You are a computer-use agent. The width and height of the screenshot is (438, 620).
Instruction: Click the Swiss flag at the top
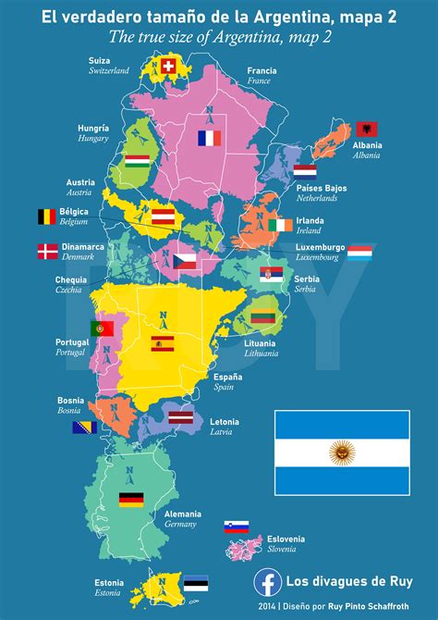click(x=168, y=66)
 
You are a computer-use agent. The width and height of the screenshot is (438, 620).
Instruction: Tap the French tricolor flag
click(x=210, y=139)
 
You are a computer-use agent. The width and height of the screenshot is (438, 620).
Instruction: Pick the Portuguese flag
click(x=102, y=328)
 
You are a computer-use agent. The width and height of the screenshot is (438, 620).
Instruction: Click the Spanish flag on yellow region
click(x=164, y=344)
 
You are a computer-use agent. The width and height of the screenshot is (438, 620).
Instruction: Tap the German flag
click(x=131, y=500)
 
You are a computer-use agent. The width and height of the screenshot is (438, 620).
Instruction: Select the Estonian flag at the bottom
click(x=195, y=584)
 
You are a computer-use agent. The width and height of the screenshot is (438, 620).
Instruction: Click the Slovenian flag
click(x=236, y=527)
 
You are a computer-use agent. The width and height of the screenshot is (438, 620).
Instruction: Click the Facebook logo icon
click(x=267, y=581)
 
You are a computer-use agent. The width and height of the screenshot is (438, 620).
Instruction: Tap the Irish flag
click(x=280, y=225)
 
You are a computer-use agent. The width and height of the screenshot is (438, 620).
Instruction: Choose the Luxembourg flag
click(x=360, y=253)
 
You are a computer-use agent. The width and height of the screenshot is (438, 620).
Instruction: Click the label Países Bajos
click(x=322, y=188)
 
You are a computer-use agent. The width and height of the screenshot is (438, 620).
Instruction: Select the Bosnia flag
click(x=85, y=428)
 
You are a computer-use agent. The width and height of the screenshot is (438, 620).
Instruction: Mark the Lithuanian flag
click(x=264, y=316)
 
